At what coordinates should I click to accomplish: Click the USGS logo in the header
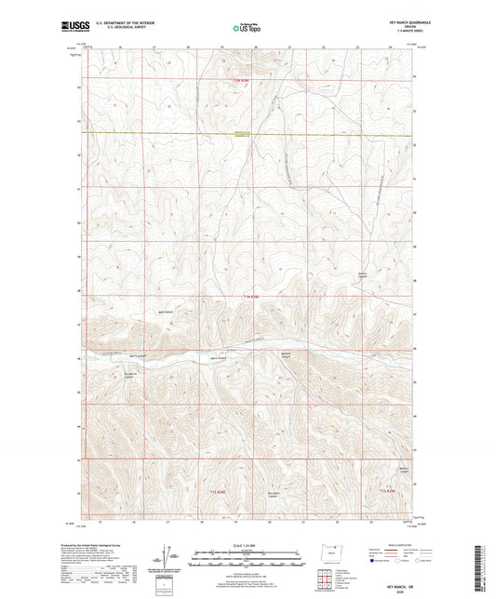[69, 27]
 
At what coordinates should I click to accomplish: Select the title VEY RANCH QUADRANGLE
[406, 21]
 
